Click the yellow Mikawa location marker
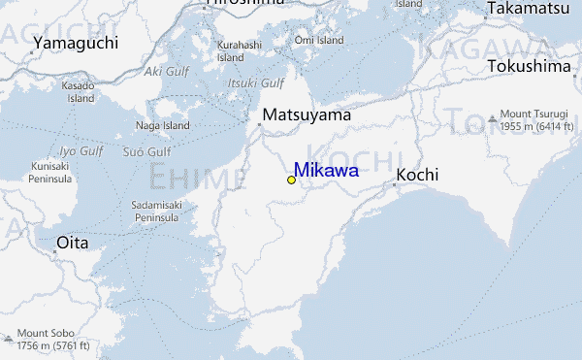[291, 180]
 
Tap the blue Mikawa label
[326, 171]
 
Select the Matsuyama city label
[306, 115]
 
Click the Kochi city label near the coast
[417, 175]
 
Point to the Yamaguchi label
[75, 43]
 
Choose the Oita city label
[73, 242]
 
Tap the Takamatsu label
[528, 9]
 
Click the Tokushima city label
[530, 66]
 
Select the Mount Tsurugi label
[539, 120]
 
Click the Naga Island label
[162, 125]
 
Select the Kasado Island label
[79, 92]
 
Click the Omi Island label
[319, 41]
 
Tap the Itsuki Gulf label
[255, 83]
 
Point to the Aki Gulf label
[166, 71]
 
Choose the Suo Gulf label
[146, 152]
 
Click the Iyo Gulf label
[81, 151]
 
